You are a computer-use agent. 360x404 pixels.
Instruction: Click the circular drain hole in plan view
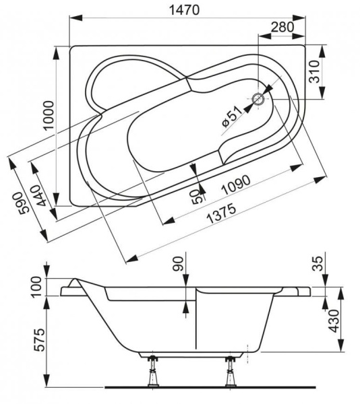258,100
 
